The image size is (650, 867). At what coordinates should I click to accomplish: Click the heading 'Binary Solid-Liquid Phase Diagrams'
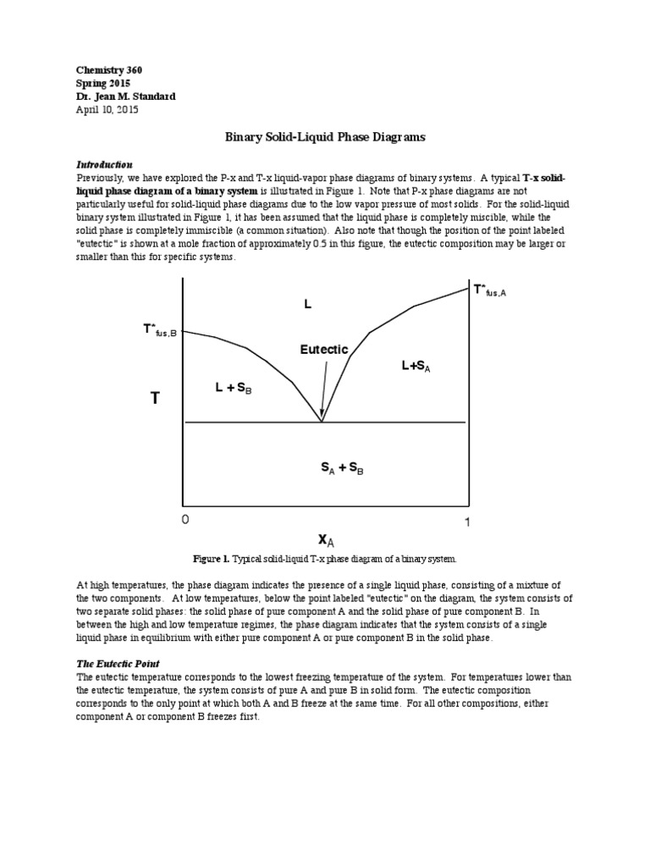pyautogui.click(x=325, y=135)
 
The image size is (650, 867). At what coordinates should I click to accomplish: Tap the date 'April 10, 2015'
pyautogui.click(x=107, y=109)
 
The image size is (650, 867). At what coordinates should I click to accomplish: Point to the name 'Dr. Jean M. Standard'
pyautogui.click(x=126, y=97)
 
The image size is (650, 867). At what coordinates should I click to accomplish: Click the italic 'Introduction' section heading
pyautogui.click(x=105, y=164)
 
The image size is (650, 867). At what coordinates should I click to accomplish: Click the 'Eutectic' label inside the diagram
pyautogui.click(x=324, y=349)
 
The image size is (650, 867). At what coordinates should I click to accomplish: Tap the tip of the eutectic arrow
pyautogui.click(x=322, y=419)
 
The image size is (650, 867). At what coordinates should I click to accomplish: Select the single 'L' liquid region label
pyautogui.click(x=308, y=303)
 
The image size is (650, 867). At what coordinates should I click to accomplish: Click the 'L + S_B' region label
pyautogui.click(x=234, y=388)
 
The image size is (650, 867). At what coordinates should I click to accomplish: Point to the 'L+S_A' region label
pyautogui.click(x=421, y=365)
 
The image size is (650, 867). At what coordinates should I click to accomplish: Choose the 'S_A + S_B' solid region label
pyautogui.click(x=342, y=467)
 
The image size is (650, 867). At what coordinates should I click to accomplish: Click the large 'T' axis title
pyautogui.click(x=155, y=398)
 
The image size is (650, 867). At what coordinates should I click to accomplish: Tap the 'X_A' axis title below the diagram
pyautogui.click(x=327, y=539)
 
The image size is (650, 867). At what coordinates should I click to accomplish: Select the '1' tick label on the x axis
pyautogui.click(x=466, y=522)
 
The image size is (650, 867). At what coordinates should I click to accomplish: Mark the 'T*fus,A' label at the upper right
pyautogui.click(x=494, y=291)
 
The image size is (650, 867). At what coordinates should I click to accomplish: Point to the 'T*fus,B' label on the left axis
pyautogui.click(x=160, y=329)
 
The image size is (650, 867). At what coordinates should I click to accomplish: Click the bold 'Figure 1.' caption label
pyautogui.click(x=212, y=560)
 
